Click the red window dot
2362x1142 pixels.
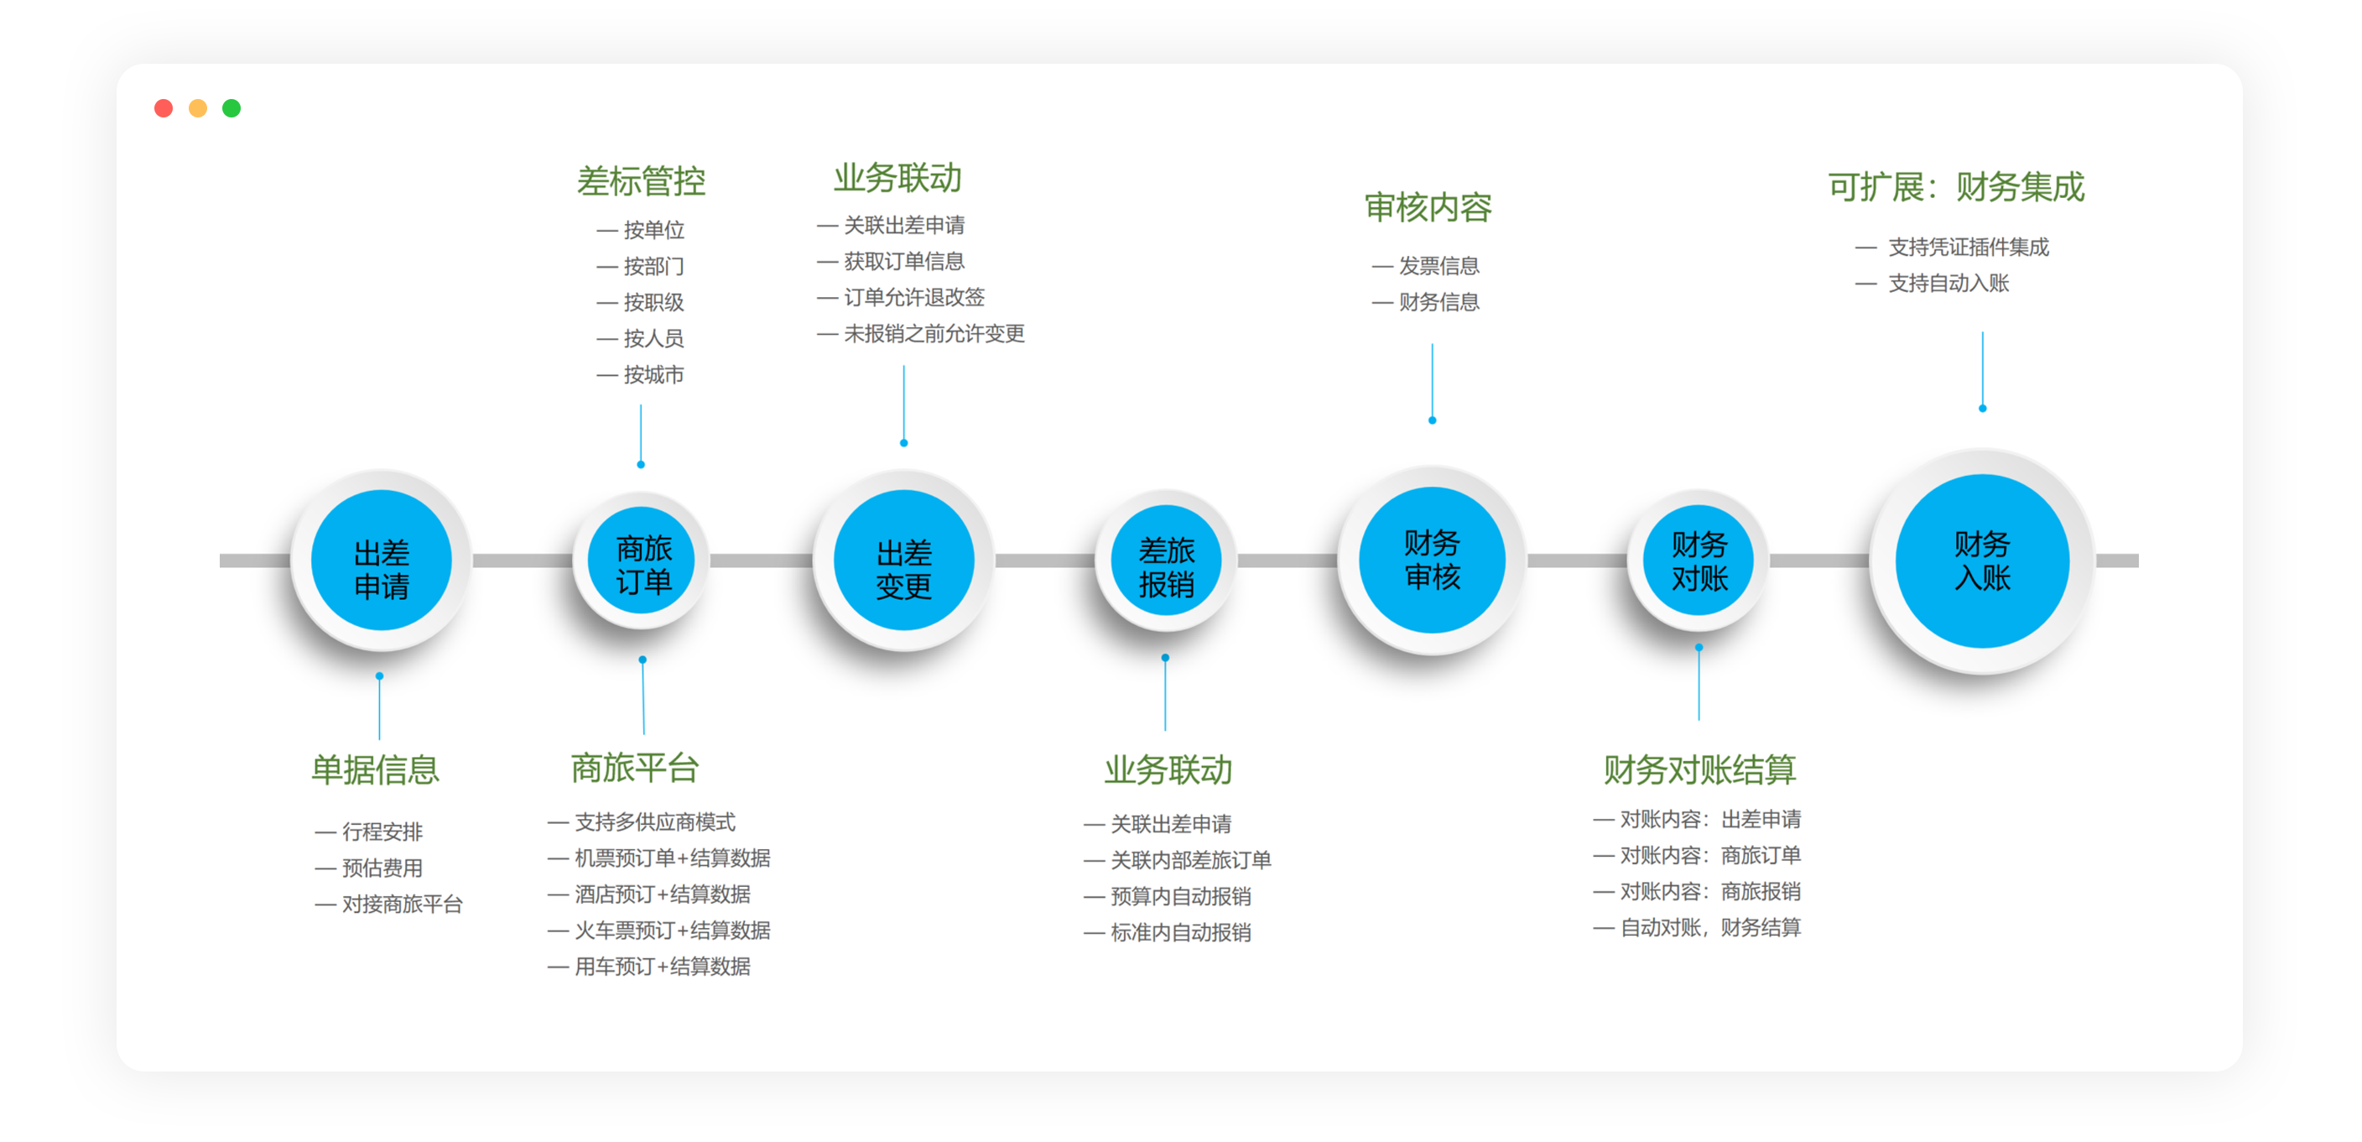click(x=164, y=108)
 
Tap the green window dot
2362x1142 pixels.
click(x=232, y=108)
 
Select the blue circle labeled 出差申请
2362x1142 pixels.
click(x=382, y=561)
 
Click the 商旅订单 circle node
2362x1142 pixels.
click(x=642, y=560)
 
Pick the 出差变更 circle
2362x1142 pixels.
click(x=904, y=561)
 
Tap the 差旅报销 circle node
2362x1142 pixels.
click(x=1167, y=560)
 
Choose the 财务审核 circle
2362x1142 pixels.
click(x=1433, y=560)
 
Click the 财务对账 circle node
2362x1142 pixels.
click(x=1699, y=560)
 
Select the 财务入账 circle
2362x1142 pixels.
click(x=1982, y=561)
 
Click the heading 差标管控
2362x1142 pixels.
click(x=641, y=180)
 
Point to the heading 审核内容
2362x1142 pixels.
click(x=1428, y=207)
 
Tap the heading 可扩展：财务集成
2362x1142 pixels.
click(x=1956, y=186)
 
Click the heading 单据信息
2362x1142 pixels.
click(x=376, y=769)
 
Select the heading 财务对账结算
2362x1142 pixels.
click(x=1699, y=769)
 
